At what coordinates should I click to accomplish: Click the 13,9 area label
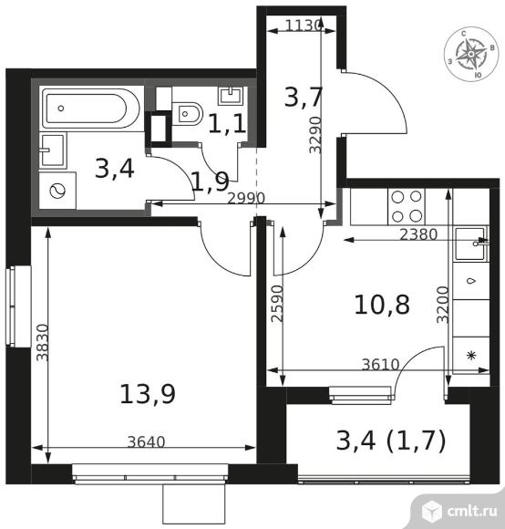[x=148, y=394]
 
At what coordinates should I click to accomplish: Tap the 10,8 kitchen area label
[x=382, y=305]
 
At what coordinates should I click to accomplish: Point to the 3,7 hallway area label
[x=304, y=98]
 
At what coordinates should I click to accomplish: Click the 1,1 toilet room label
[x=227, y=124]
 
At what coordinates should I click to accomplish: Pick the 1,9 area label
[x=211, y=182]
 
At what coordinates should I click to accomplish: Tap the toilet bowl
[x=187, y=114]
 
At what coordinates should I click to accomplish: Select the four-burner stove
[x=407, y=206]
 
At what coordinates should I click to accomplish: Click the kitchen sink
[x=471, y=244]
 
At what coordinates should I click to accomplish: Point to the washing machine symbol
[x=57, y=191]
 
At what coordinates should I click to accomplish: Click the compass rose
[x=470, y=54]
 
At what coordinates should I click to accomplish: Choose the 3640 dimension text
[x=147, y=442]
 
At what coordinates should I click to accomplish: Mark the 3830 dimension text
[x=43, y=343]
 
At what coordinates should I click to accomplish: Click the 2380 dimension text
[x=418, y=234]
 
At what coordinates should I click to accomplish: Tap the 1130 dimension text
[x=303, y=26]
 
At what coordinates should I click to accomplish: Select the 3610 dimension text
[x=380, y=364]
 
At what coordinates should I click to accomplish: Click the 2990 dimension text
[x=246, y=199]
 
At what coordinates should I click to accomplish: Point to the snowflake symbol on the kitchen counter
[x=471, y=356]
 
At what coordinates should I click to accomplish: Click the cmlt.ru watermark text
[x=472, y=511]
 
